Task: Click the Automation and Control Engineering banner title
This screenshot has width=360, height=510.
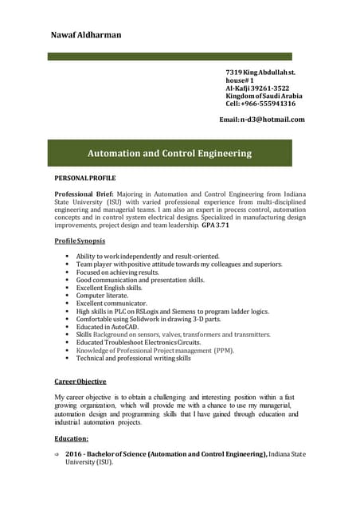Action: point(169,153)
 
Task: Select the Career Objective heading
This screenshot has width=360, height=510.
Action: point(80,382)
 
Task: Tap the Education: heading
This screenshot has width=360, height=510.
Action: point(71,438)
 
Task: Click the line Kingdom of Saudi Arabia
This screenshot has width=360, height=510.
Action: point(264,96)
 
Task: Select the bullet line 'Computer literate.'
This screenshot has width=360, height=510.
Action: point(106,296)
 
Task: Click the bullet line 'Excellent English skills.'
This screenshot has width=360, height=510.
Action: point(114,288)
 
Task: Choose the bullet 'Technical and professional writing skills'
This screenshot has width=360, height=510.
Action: point(133,359)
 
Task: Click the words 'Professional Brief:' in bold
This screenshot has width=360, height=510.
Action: point(84,194)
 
